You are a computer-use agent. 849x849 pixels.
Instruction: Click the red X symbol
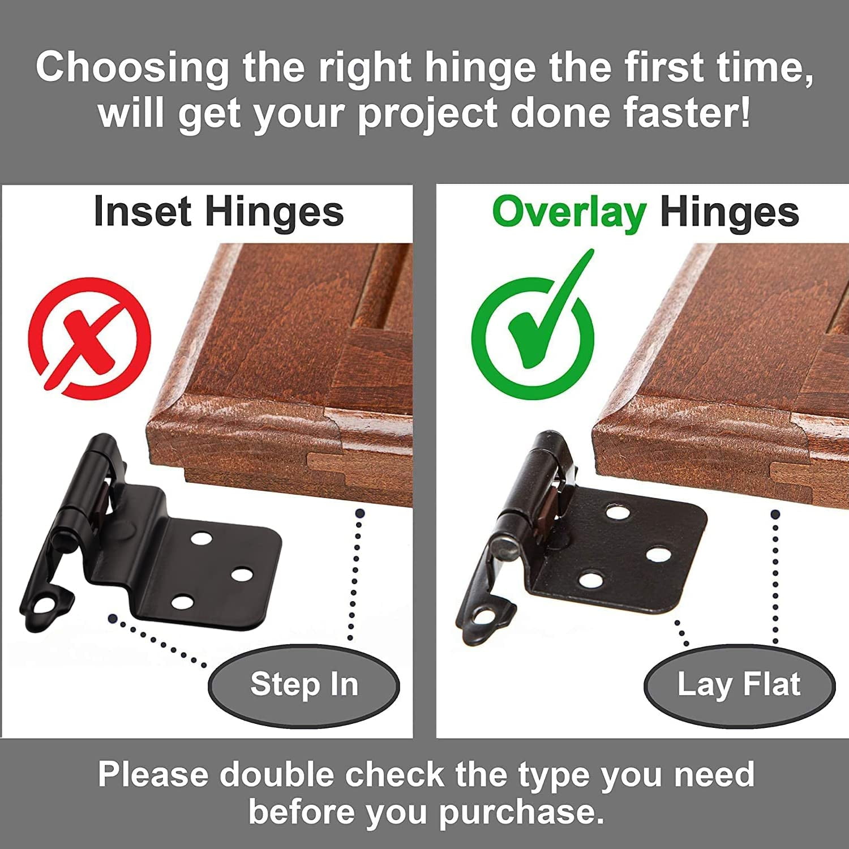coord(89,338)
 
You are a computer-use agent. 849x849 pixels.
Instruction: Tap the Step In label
coord(304,684)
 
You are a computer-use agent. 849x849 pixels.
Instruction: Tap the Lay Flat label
coord(739,684)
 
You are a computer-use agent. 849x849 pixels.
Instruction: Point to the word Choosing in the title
coord(132,68)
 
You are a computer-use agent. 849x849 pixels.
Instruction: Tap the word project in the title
coord(428,113)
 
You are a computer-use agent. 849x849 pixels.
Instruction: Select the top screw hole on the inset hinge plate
coord(201,537)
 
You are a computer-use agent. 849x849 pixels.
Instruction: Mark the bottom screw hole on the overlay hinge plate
coord(590,580)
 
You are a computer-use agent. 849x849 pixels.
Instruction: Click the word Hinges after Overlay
coord(729,213)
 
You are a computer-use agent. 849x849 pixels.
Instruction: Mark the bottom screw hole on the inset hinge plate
coord(182,601)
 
